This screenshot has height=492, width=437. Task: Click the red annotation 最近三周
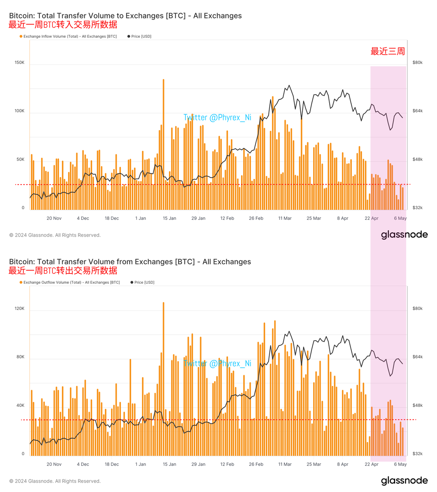coord(387,51)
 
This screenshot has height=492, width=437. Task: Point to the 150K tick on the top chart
coord(19,63)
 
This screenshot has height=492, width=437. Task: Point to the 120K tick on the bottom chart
coord(19,308)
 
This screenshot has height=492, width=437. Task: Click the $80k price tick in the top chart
coord(417,63)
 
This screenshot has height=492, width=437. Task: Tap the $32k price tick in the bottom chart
coord(417,454)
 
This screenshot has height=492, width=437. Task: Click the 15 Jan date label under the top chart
coord(169,218)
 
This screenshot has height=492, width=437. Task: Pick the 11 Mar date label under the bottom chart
coord(285,464)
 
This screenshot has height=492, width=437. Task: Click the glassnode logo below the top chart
coord(404,235)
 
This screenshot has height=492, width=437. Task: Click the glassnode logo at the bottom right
coord(404,481)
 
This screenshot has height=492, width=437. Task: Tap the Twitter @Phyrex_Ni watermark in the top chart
coord(217,118)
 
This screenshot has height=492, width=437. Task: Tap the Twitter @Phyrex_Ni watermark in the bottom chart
coord(217,364)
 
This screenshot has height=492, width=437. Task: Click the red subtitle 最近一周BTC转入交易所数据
coord(63,25)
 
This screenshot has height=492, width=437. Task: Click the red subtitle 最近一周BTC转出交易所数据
coord(63,271)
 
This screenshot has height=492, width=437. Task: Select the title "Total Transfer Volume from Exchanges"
coord(130,262)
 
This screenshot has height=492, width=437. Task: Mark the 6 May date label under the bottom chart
coord(400,464)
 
